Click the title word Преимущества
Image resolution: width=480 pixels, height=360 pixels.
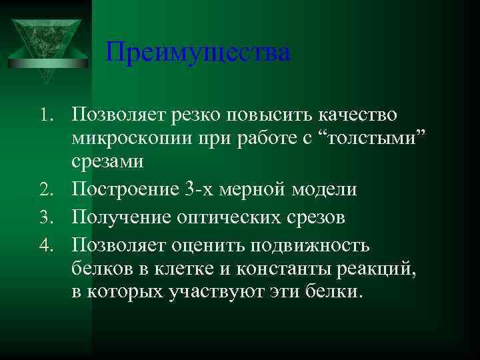(x=198, y=53)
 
